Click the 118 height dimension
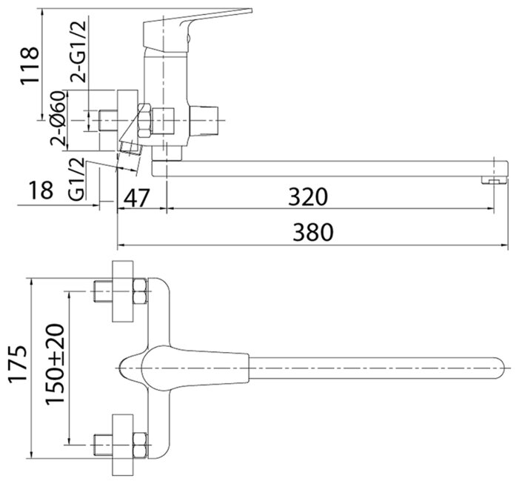[x=30, y=66]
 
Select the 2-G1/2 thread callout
[x=78, y=51]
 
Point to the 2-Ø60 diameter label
[x=58, y=118]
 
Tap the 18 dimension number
[x=41, y=190]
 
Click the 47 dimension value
[x=137, y=198]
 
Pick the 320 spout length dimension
[x=308, y=196]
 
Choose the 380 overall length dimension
[x=313, y=232]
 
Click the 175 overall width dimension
[x=18, y=364]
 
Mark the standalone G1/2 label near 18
[x=77, y=179]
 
